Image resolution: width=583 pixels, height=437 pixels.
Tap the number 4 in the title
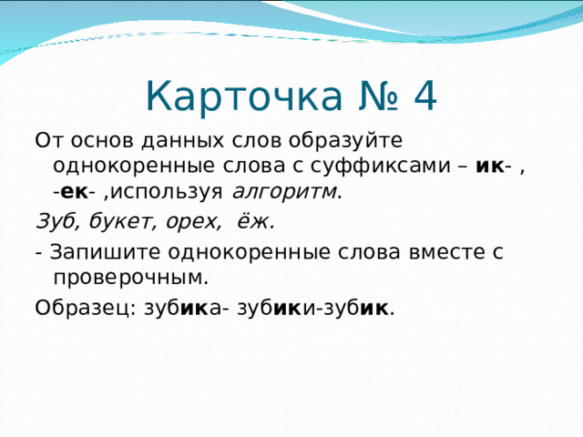(x=424, y=95)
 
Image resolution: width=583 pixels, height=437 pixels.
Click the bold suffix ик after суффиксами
(x=490, y=167)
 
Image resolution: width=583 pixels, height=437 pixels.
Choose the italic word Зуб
(x=54, y=221)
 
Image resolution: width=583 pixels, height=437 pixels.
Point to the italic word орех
(x=191, y=221)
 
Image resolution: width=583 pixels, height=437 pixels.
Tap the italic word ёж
(x=256, y=221)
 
